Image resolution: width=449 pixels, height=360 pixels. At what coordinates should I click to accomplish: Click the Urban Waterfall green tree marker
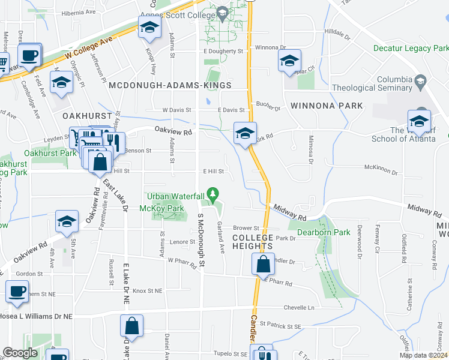212,194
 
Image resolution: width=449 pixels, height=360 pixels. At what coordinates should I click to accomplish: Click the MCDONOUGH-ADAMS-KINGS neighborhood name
170,86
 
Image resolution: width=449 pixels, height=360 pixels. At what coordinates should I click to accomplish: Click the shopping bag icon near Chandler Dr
263,263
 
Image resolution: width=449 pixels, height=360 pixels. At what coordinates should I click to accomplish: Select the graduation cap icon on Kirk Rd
245,133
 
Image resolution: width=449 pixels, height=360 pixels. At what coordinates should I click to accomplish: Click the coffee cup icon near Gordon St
16,292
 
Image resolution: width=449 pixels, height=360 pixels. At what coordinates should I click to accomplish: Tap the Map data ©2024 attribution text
423,355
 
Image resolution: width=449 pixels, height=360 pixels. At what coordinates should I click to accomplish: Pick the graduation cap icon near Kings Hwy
149,28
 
